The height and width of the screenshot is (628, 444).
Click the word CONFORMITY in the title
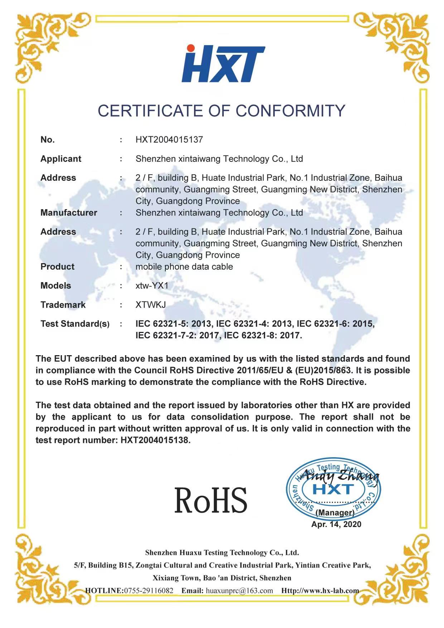pyautogui.click(x=290, y=111)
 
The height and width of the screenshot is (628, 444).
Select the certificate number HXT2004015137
pyautogui.click(x=169, y=140)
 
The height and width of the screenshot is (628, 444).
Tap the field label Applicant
pyautogui.click(x=61, y=159)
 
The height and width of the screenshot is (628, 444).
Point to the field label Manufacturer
pyautogui.click(x=69, y=213)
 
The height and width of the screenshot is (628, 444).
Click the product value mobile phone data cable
pyautogui.click(x=184, y=267)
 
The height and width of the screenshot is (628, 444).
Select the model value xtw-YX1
pyautogui.click(x=152, y=286)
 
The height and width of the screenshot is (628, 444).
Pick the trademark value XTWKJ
pyautogui.click(x=150, y=305)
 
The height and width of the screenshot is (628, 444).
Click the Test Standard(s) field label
pyautogui.click(x=75, y=324)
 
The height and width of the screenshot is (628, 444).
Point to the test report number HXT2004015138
pyautogui.click(x=155, y=440)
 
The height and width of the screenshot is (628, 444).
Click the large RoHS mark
pyautogui.click(x=211, y=500)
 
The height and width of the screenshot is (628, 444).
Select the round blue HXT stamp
pyautogui.click(x=333, y=490)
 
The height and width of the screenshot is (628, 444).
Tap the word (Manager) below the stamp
pyautogui.click(x=335, y=513)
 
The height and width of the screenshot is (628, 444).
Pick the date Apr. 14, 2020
pyautogui.click(x=336, y=525)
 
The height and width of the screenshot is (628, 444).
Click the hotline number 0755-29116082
pyautogui.click(x=149, y=590)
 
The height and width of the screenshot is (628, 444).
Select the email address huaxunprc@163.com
pyautogui.click(x=239, y=590)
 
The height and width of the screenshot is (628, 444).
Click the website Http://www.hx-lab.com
pyautogui.click(x=320, y=590)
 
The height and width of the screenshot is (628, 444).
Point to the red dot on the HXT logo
pyautogui.click(x=190, y=48)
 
